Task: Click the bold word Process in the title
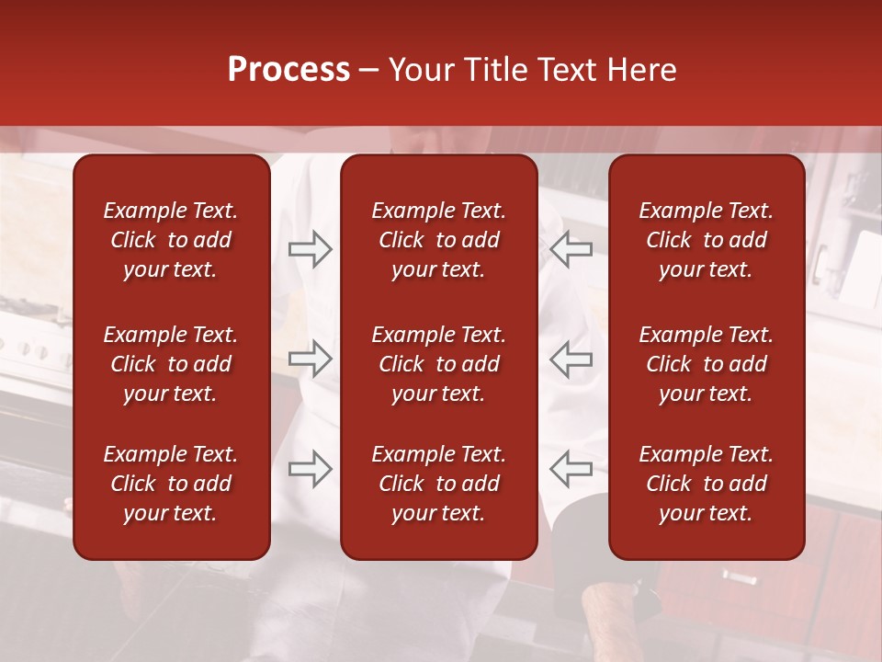point(288,70)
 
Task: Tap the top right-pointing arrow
point(311,249)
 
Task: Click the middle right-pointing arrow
point(311,359)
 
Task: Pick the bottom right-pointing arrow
point(311,469)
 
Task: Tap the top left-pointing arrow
point(571,249)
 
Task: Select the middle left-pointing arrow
point(571,359)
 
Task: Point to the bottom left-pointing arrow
point(571,469)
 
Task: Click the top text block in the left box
point(171,240)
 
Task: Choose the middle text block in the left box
point(171,364)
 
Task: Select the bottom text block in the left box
point(171,484)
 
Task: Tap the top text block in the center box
point(439,240)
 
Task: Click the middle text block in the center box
point(439,364)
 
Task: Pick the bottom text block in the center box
point(439,484)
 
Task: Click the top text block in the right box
point(707,240)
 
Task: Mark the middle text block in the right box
point(707,364)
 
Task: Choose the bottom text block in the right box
point(707,484)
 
